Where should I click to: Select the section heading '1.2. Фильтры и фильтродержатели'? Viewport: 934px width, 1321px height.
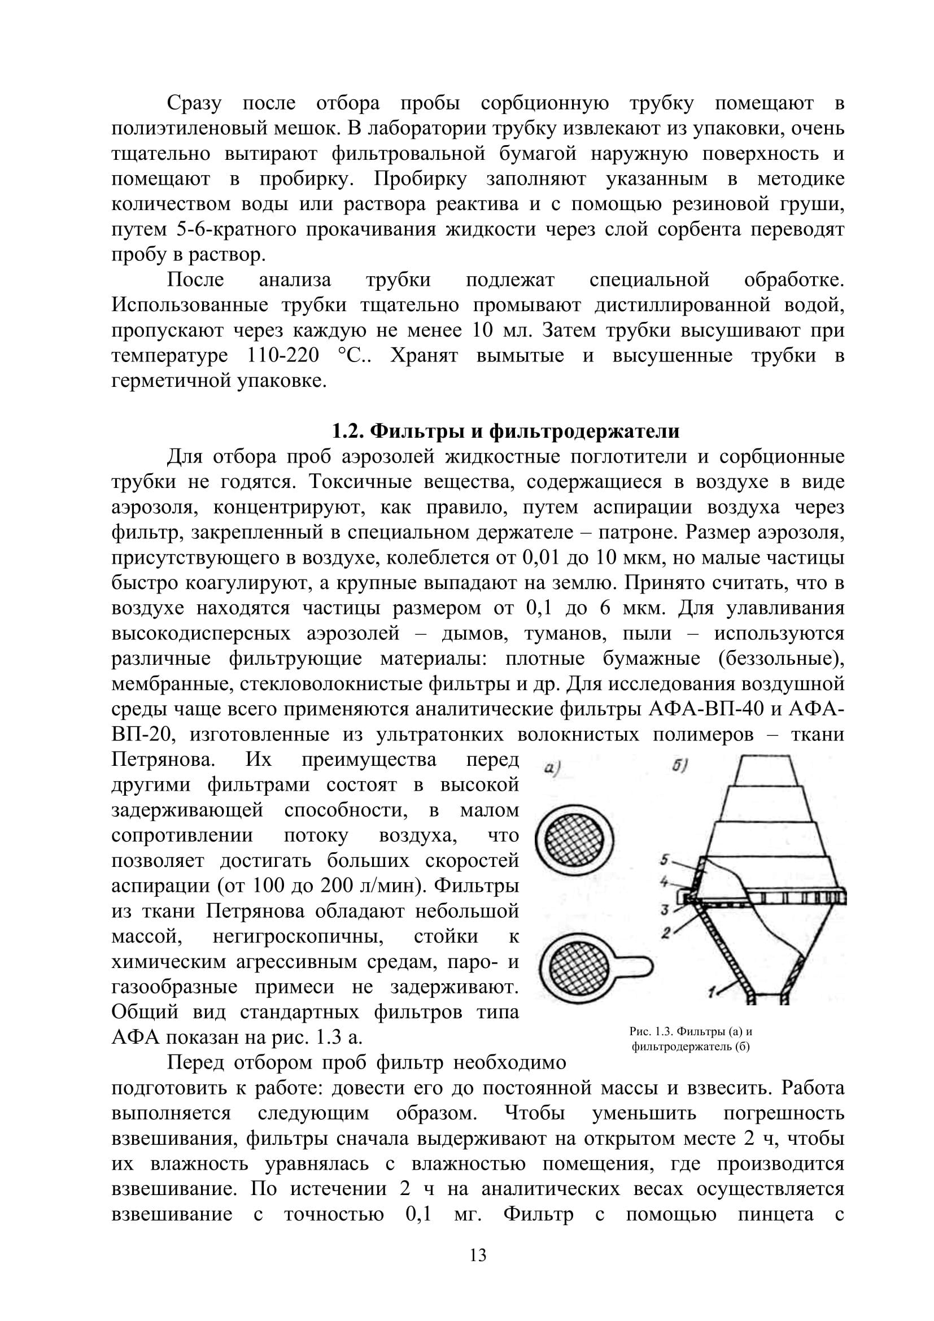point(506,431)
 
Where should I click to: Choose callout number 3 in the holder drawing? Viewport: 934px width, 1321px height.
point(664,911)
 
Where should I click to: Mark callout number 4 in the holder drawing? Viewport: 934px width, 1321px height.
point(664,881)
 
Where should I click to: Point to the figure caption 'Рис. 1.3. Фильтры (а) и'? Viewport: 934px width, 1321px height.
point(690,1032)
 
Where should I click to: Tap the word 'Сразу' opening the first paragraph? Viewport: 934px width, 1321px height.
point(194,103)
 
